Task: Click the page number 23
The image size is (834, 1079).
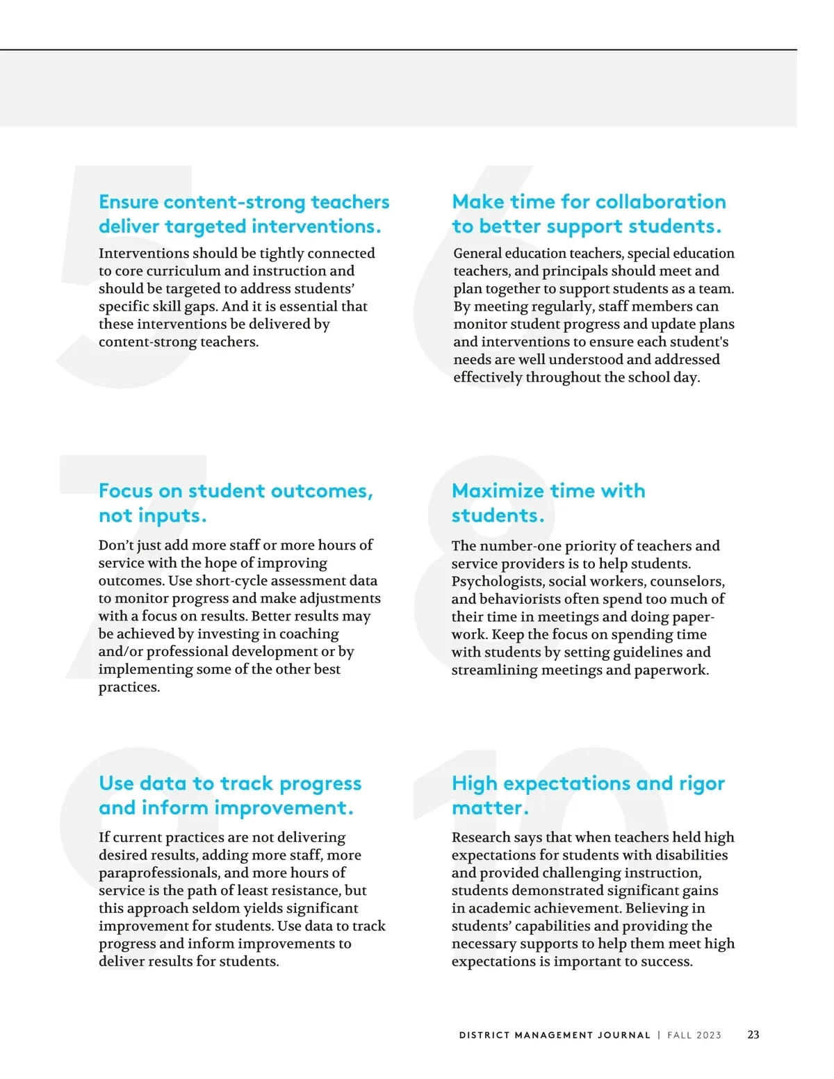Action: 753,1035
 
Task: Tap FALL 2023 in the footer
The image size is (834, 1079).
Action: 694,1035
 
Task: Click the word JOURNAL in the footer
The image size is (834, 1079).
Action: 624,1035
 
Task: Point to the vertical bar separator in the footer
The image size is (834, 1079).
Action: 659,1035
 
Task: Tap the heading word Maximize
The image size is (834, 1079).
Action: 498,491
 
